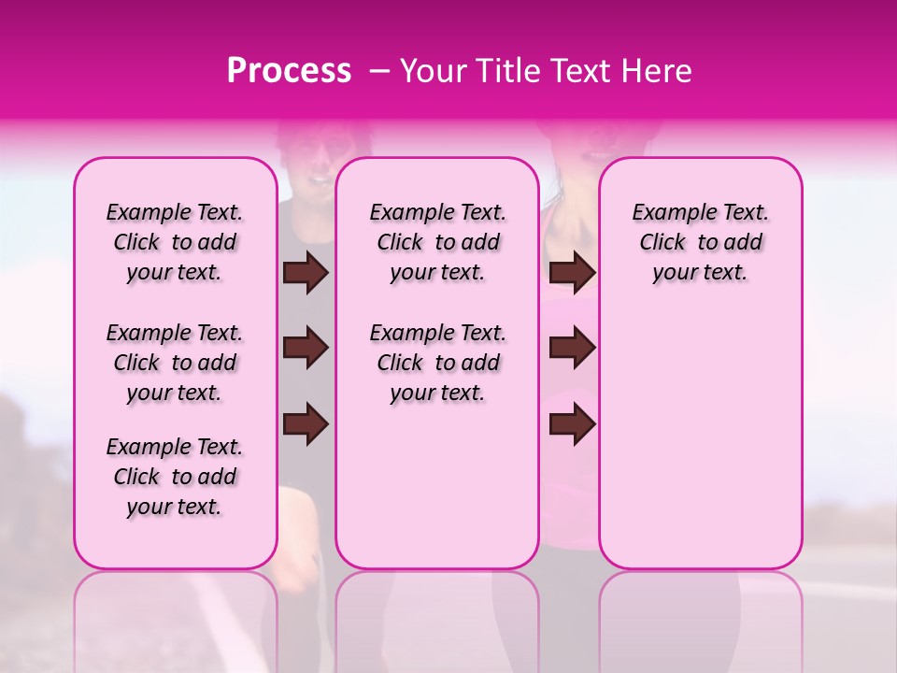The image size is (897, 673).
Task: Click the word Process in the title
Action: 288,71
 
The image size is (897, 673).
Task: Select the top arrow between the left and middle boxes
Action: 306,273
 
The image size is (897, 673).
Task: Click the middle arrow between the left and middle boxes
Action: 306,349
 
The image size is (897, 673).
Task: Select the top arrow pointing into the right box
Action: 572,273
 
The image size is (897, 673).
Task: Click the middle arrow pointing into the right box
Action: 572,349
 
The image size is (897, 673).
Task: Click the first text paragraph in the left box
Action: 175,242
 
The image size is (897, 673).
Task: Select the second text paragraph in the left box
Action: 175,363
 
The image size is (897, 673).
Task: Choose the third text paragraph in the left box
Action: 175,477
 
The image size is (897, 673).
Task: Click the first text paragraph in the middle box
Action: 437,242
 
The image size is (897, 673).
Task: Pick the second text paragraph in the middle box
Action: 437,363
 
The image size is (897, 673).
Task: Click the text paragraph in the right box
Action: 700,242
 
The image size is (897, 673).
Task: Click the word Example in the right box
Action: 670,213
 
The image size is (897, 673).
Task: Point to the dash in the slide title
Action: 379,71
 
